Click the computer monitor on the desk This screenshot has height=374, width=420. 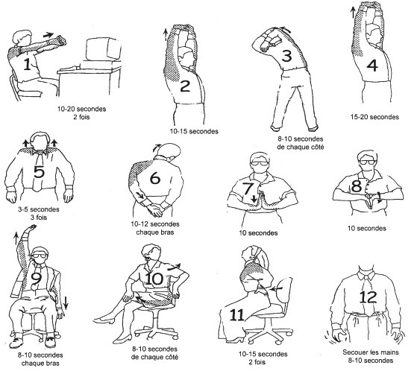(104, 50)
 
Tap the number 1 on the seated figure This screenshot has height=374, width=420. (27, 65)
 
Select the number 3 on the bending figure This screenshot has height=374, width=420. (286, 56)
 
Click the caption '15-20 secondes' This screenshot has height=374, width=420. (374, 117)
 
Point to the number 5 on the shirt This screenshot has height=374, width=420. (39, 171)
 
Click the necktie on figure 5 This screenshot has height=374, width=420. (40, 171)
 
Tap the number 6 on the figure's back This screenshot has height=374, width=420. (155, 178)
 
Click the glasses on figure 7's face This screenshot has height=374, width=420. (260, 162)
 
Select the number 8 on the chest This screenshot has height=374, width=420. (357, 186)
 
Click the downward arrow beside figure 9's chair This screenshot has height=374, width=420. (66, 302)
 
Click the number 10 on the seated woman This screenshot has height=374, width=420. (154, 279)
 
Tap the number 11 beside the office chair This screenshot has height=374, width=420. (236, 315)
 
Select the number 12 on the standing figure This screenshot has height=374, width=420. (368, 297)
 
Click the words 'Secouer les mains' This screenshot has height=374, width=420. (371, 352)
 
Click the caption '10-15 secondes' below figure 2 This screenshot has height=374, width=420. (194, 131)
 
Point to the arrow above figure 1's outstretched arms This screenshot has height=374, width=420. (48, 35)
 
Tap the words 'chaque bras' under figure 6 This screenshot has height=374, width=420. (155, 232)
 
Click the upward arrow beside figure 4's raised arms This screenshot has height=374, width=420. (353, 13)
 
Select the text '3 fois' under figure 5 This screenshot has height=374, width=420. (39, 218)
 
